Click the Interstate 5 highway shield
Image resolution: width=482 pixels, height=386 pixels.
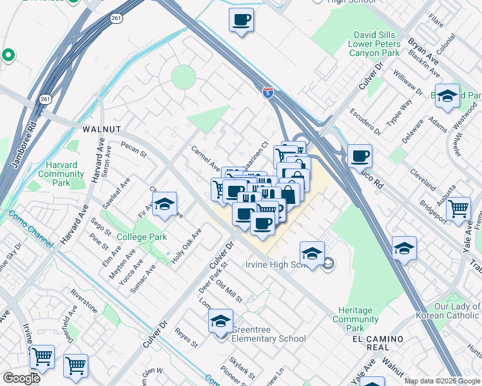click(267, 93)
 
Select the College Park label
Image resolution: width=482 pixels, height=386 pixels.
click(142, 237)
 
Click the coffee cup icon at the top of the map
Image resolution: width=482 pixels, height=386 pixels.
click(241, 19)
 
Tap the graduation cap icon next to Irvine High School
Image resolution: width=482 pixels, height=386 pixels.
click(312, 253)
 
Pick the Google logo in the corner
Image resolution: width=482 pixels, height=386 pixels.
click(21, 378)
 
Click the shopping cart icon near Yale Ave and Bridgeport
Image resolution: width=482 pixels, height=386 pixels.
click(458, 207)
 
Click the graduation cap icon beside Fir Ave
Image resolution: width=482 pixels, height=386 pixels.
click(165, 204)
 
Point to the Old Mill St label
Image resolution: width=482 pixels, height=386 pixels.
click(229, 291)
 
